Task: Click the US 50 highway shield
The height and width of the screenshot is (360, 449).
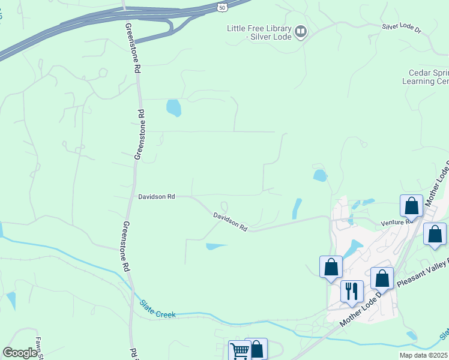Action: pos(222,7)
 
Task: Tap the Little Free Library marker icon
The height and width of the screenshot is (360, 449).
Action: pos(301,31)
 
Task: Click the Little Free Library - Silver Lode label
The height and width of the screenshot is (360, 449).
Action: pos(259,32)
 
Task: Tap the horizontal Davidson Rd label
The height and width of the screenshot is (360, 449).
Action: pos(156,196)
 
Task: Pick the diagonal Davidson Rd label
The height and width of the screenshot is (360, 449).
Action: pos(231,221)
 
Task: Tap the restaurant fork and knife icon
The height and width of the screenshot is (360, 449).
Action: pos(351,291)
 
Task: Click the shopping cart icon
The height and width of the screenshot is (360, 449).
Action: pos(240,351)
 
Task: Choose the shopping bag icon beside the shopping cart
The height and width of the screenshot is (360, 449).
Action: pos(256,350)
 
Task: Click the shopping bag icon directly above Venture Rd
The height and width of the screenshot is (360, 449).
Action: pos(412,206)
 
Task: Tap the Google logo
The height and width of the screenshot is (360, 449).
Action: pos(20,352)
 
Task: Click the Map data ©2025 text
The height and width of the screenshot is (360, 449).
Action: pos(424,355)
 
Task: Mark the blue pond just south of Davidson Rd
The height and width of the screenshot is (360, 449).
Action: pos(215,246)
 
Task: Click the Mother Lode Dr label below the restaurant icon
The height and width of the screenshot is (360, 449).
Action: pos(360,311)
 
